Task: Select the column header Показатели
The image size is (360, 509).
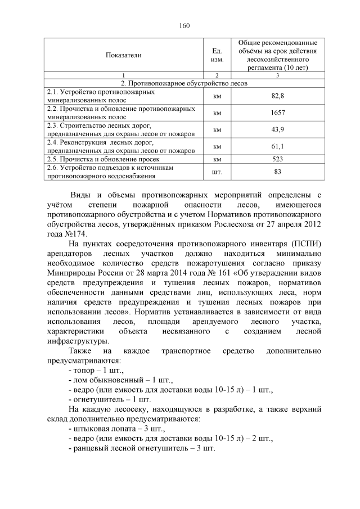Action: [123, 55]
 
